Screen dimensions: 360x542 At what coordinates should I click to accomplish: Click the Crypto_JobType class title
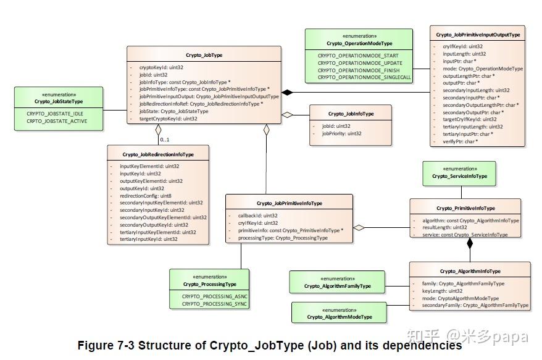click(x=204, y=55)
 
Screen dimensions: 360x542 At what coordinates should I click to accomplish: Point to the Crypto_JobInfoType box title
click(x=351, y=114)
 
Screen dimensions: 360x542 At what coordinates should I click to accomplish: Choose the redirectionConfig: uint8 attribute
click(x=146, y=195)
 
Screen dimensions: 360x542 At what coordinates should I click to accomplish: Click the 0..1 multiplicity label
click(x=165, y=139)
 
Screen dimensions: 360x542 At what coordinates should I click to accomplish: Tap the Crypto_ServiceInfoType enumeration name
click(x=459, y=176)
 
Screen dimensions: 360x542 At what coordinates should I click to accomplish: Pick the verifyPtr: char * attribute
click(x=460, y=141)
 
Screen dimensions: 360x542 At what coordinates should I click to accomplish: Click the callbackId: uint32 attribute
click(x=258, y=216)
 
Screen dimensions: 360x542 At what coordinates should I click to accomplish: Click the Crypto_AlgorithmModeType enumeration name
click(x=340, y=317)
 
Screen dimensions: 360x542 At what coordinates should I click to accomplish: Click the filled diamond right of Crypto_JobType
click(x=287, y=92)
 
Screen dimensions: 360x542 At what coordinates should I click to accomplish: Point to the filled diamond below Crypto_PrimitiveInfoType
click(x=470, y=243)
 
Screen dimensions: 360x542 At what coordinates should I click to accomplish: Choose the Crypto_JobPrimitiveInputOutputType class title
click(x=478, y=35)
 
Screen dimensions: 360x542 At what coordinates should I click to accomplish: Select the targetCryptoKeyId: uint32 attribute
click(x=168, y=119)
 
